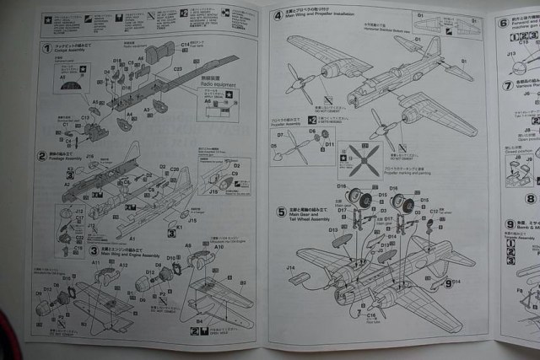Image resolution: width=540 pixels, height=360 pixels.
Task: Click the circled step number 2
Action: tap(41, 155)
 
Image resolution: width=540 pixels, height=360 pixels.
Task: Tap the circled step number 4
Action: tap(278, 16)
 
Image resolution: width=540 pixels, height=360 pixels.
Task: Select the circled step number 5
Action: tap(280, 212)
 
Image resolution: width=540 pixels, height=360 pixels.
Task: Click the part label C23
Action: tap(177, 70)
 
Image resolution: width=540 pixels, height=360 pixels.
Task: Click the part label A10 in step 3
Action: tap(219, 247)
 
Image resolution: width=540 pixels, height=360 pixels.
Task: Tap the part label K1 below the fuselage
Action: tap(178, 226)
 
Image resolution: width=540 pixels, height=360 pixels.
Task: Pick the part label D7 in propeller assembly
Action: tap(279, 134)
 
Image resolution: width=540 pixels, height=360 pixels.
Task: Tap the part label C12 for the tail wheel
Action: tap(434, 212)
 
